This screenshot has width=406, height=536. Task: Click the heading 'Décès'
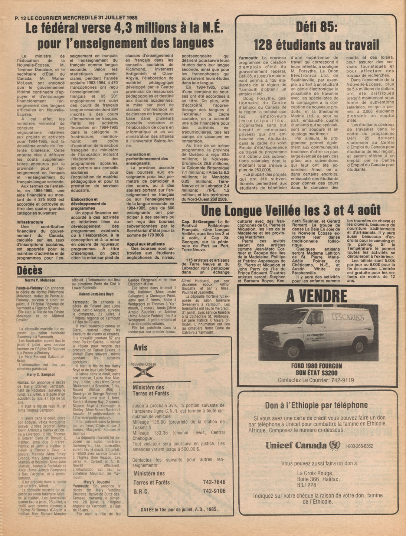(x=30, y=271)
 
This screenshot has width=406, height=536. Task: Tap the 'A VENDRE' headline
(x=317, y=296)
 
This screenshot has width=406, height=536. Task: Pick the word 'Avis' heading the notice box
(x=141, y=348)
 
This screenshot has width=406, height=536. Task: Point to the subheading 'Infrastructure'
(x=30, y=222)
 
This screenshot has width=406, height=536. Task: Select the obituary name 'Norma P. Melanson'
(x=40, y=280)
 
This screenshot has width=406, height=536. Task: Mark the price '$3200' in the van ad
(x=327, y=372)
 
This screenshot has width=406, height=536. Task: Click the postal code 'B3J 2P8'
(x=307, y=485)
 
